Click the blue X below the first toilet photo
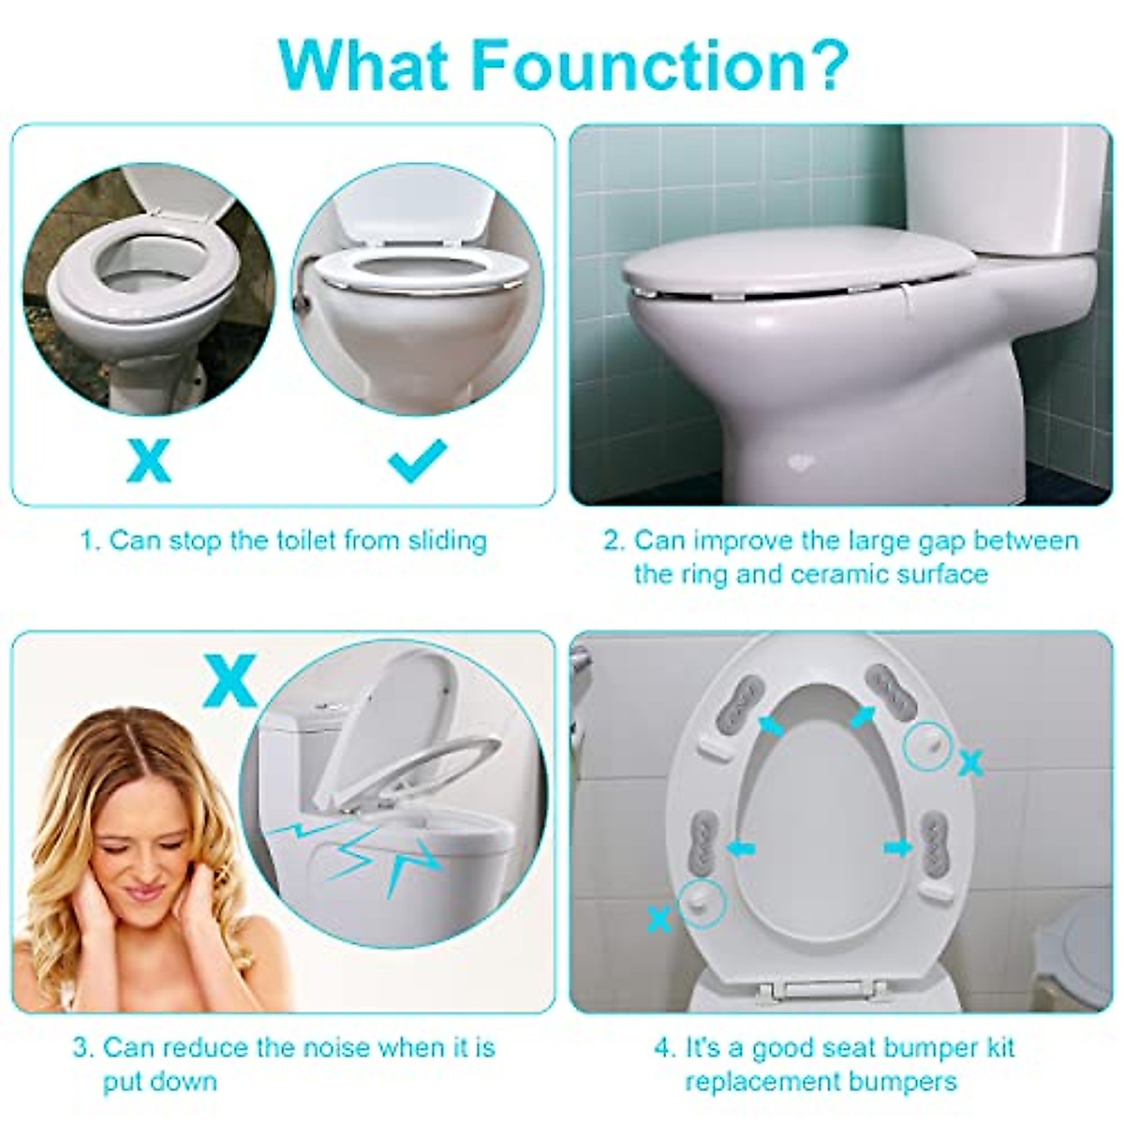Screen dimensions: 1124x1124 click(149, 461)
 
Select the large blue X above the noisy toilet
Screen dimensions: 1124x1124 click(230, 681)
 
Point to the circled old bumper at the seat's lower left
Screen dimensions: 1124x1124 click(702, 902)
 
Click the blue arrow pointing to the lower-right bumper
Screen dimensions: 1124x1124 click(896, 848)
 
